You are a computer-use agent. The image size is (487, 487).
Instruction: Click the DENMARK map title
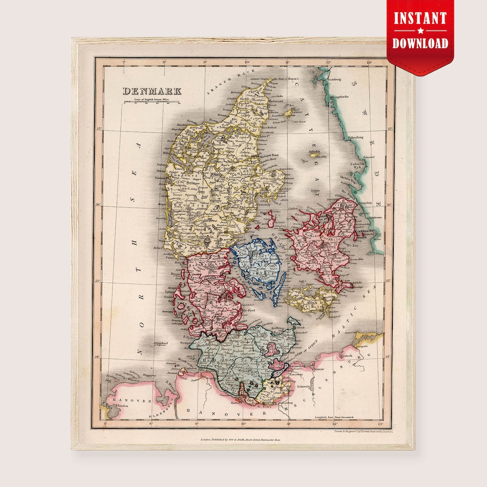coord(152,91)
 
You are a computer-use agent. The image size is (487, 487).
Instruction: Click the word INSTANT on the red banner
coord(420,18)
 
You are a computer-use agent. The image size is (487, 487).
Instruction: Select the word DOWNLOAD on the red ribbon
coord(420,43)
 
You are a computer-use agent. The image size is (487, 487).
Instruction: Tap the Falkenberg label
coord(354,137)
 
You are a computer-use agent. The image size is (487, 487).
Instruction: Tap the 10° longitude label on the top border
coord(247,62)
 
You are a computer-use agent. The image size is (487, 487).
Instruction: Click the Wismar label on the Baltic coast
coord(319,368)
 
